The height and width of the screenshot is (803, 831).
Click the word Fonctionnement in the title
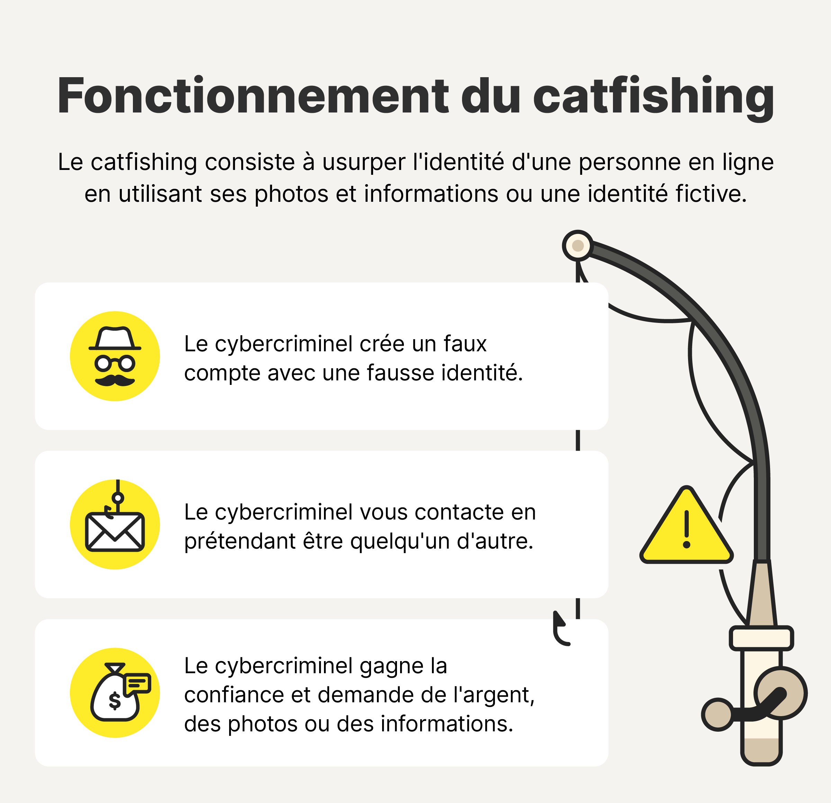click(x=252, y=97)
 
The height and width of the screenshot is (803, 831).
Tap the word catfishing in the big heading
click(x=653, y=97)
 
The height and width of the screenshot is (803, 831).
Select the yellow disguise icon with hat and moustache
click(x=115, y=356)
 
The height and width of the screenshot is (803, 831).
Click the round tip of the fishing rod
click(x=577, y=245)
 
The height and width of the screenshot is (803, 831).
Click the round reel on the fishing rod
click(x=780, y=693)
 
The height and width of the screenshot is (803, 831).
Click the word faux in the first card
click(x=465, y=344)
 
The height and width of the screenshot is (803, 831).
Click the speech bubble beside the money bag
click(x=137, y=684)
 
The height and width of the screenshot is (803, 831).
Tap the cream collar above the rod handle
click(x=761, y=638)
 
